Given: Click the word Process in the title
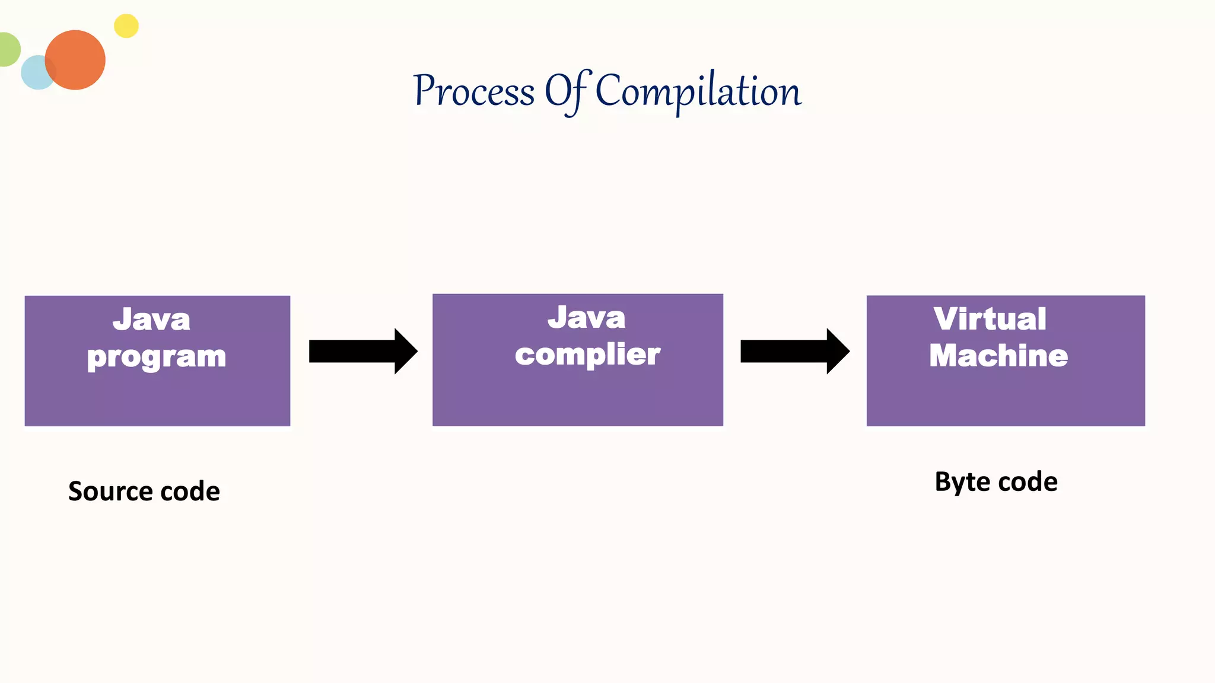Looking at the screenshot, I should (475, 92).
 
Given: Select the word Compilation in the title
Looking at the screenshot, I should (698, 92).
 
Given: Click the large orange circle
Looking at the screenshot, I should (76, 60).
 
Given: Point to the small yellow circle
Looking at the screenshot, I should (126, 26).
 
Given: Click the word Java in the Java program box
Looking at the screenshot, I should (151, 320).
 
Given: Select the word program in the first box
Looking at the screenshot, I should (157, 357).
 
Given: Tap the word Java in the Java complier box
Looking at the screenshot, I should (586, 318).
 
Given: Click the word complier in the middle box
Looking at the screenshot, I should (587, 355).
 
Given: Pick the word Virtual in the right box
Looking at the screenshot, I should (990, 319).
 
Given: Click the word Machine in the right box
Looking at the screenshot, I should (998, 356).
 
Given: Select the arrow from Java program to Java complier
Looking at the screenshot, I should (362, 351).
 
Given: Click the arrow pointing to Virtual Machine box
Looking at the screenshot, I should (794, 351).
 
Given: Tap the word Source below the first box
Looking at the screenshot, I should (110, 491).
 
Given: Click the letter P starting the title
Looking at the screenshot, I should (425, 90).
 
